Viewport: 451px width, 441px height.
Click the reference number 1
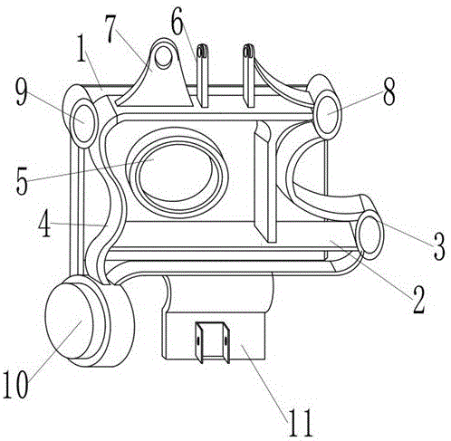click(81, 48)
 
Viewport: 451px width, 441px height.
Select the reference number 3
click(439, 246)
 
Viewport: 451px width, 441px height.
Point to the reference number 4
click(44, 223)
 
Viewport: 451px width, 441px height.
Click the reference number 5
click(22, 180)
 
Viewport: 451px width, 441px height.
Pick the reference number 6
click(177, 23)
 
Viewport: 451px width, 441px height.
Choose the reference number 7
click(110, 29)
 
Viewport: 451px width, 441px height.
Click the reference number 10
click(15, 384)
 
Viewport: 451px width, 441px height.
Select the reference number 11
click(300, 422)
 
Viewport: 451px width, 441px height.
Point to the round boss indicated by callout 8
click(327, 115)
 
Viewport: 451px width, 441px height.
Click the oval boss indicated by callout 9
click(84, 124)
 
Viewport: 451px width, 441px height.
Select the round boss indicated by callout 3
click(369, 235)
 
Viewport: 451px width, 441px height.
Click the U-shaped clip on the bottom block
click(213, 342)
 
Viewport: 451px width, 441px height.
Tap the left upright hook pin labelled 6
click(203, 75)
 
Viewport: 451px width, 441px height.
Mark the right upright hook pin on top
click(249, 75)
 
